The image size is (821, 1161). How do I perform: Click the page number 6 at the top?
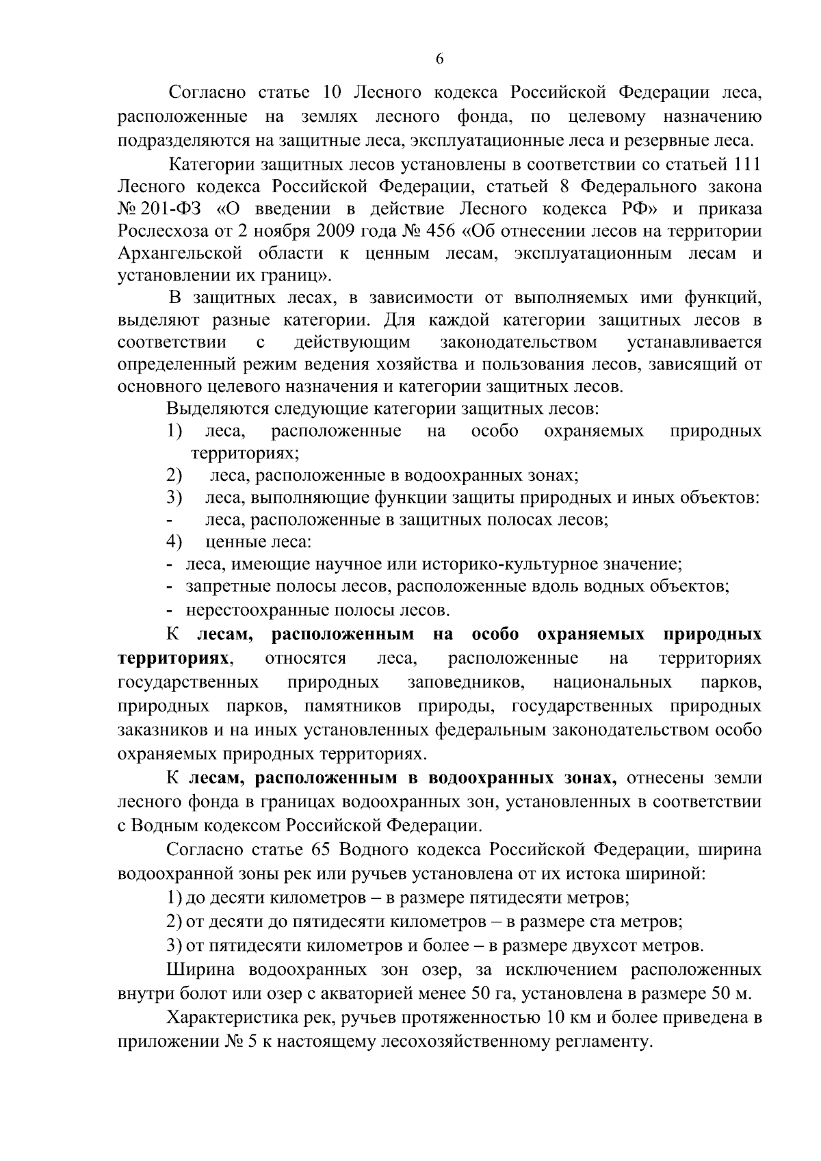[x=440, y=60]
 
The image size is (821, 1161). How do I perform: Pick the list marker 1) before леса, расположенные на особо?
[x=174, y=431]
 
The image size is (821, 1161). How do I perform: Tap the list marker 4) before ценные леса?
[x=174, y=543]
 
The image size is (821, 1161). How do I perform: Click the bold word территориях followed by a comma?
[x=172, y=657]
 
